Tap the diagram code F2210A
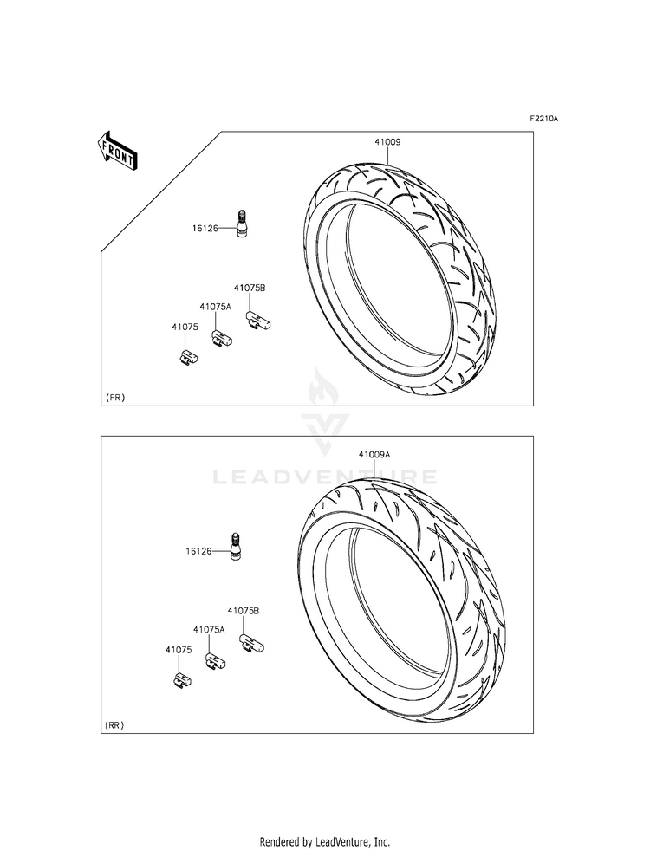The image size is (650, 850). coord(543,118)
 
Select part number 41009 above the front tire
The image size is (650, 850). coord(387,142)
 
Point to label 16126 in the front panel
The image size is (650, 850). coord(205,228)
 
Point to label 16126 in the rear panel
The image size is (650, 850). coord(198,551)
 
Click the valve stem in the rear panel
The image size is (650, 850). coord(237,546)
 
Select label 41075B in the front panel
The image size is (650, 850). coord(250,288)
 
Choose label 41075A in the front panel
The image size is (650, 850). coord(215,306)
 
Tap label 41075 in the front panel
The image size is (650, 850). coord(185,327)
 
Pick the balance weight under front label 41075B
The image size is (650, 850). coord(258,321)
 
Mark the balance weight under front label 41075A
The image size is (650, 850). coord(222,338)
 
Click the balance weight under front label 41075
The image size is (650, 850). coord(188,356)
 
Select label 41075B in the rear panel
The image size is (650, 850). coord(243,610)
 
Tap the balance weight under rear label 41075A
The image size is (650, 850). coord(215,661)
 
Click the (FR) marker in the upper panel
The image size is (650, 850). coord(114,398)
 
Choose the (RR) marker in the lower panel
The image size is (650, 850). coord(114,724)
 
